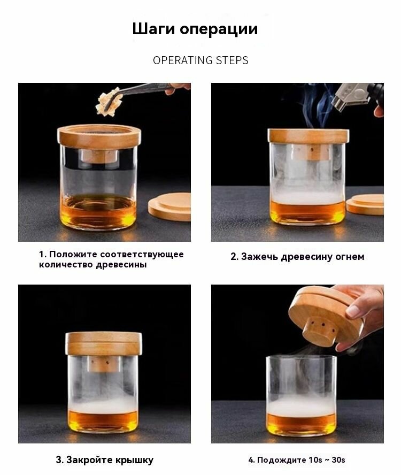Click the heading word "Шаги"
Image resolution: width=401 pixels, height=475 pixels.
154,29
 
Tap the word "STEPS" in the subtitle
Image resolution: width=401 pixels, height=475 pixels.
232,60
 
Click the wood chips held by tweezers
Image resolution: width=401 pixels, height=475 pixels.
109,102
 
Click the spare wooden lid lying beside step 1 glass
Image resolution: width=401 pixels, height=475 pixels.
169,206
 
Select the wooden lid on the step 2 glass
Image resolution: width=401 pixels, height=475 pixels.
309,136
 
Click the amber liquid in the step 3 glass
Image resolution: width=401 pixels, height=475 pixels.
103,421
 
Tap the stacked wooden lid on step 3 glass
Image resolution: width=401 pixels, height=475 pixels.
104,343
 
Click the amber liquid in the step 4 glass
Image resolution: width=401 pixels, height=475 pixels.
302,424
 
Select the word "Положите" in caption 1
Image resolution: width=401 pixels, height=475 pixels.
72,254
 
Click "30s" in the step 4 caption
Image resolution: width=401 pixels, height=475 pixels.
338,460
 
